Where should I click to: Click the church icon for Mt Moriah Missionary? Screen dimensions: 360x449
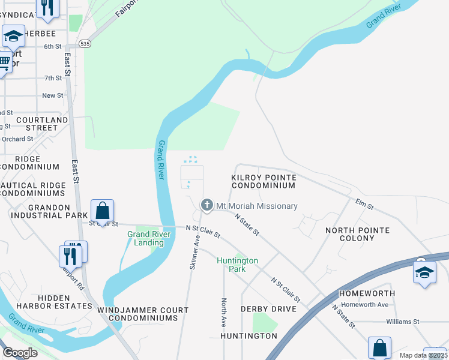(x=207, y=206)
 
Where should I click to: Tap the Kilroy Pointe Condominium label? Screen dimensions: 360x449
(x=264, y=182)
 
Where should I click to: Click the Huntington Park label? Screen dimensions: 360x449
(x=238, y=265)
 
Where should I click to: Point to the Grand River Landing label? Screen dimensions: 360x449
(x=145, y=238)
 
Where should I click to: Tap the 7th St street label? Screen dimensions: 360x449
(x=53, y=78)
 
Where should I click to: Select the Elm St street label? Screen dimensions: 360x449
(x=364, y=205)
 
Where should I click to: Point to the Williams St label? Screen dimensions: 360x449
(x=402, y=322)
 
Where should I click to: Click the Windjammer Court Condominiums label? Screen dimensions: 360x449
(x=143, y=314)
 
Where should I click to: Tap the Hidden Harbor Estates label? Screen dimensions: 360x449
(x=65, y=302)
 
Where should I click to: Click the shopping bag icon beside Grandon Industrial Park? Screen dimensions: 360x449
(x=103, y=211)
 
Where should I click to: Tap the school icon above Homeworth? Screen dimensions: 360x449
(x=424, y=272)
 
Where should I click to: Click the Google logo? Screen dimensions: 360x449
(x=20, y=353)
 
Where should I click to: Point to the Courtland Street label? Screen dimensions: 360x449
(x=42, y=124)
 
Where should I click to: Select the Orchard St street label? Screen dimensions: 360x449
(x=17, y=139)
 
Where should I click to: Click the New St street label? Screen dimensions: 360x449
(x=53, y=95)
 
